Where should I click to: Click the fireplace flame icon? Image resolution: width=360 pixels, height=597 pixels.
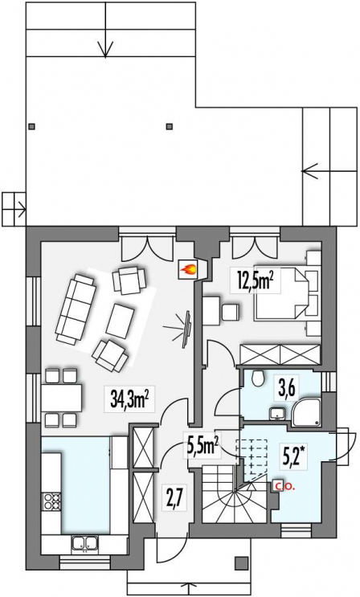coord(189,269)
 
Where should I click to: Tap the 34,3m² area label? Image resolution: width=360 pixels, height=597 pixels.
coord(130,400)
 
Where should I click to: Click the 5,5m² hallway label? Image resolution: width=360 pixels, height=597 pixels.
coord(202,445)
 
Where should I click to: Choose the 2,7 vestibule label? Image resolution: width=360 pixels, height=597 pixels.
coord(174,501)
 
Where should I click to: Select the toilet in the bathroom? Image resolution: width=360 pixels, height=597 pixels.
coord(260,378)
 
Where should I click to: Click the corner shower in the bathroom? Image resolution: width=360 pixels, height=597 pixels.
coord(307,411)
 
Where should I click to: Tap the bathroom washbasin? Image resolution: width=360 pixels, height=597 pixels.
coord(277,413)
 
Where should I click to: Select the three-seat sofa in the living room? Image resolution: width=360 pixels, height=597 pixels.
coord(76,309)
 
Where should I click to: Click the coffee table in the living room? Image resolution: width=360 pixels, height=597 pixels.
coord(121,321)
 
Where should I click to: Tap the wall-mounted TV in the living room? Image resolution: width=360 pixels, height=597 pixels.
coord(187,329)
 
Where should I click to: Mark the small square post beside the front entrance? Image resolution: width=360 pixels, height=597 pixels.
coord(240,562)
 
